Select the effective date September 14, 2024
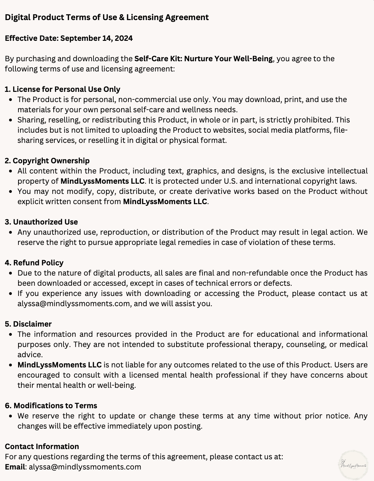[96, 38]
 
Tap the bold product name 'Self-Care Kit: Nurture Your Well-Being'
[203, 59]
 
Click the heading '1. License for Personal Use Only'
[63, 89]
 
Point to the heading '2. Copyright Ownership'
[47, 161]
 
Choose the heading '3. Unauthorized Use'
[41, 222]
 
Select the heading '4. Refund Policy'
[34, 263]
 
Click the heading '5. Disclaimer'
[28, 324]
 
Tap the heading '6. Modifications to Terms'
[51, 406]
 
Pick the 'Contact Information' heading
[42, 446]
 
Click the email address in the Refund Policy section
[74, 304]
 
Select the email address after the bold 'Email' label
[85, 467]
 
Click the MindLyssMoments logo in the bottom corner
[354, 465]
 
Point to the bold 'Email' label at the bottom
[15, 467]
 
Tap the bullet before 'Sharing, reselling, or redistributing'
[11, 120]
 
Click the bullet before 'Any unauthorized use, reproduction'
[11, 232]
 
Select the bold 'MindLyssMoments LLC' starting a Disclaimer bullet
[60, 365]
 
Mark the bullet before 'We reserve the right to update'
[11, 416]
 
